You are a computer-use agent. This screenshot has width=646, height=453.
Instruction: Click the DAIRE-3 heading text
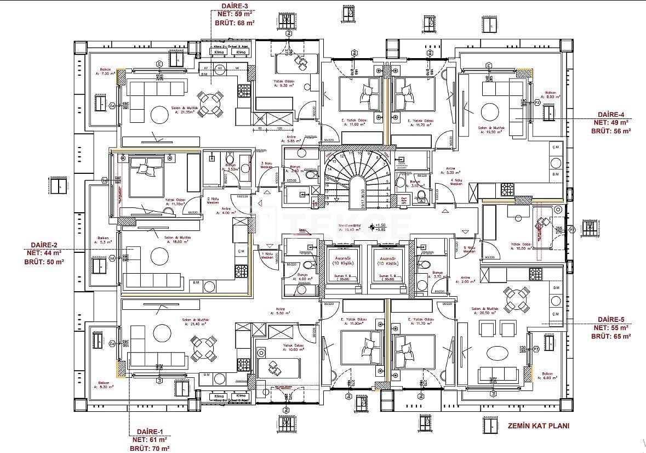click(x=234, y=5)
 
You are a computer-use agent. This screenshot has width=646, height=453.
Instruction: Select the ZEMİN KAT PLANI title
click(x=538, y=426)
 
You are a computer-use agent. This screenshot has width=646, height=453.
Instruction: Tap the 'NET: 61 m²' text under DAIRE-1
click(x=148, y=439)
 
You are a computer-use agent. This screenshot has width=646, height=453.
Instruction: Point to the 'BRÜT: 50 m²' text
click(x=44, y=262)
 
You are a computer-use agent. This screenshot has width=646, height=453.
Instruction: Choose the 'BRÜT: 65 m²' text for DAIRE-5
click(x=611, y=336)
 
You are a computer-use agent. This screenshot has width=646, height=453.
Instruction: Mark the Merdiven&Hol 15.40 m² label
click(x=348, y=227)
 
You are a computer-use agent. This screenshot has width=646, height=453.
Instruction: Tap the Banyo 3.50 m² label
click(x=230, y=167)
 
